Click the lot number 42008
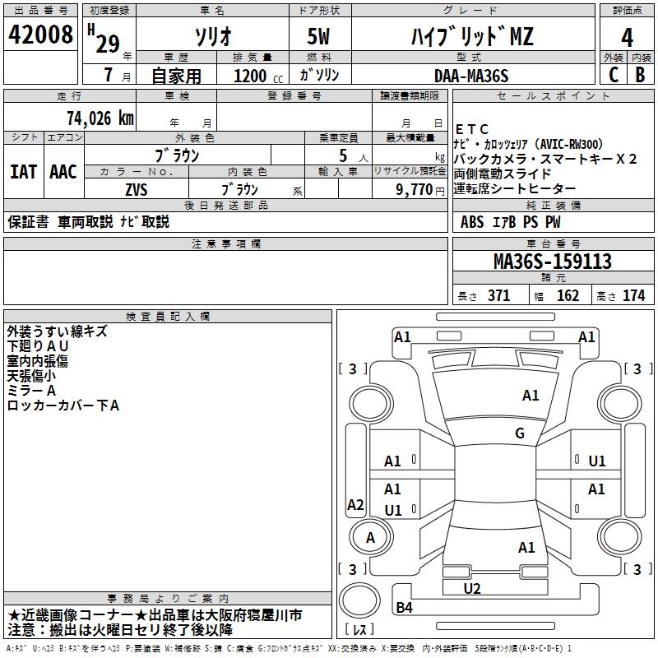tap(40, 35)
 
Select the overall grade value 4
tap(627, 37)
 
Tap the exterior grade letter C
tap(612, 74)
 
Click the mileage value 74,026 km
tap(100, 118)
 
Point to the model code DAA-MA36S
tap(471, 75)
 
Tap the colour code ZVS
tap(137, 188)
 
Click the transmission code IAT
tap(23, 172)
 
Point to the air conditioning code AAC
tap(63, 172)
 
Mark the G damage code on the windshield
tap(519, 433)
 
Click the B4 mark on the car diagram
tap(405, 608)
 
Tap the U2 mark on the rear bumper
tap(471, 588)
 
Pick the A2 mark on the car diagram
tap(355, 505)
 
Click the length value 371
tap(498, 296)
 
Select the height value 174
tap(633, 296)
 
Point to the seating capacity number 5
tap(341, 155)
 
